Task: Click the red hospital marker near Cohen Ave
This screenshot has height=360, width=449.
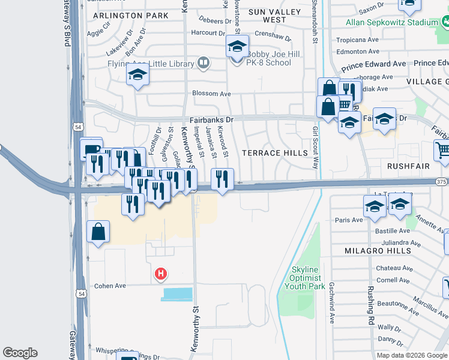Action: (161, 274)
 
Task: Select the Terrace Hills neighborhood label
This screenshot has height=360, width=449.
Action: (274, 153)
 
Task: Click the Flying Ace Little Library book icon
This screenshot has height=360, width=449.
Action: (203, 63)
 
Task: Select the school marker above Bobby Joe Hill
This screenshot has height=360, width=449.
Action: (237, 47)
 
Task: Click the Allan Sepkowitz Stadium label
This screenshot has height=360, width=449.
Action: (392, 23)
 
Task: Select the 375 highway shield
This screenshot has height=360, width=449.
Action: (442, 182)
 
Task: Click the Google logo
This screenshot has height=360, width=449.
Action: (20, 353)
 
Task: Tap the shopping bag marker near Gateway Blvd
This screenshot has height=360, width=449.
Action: (98, 232)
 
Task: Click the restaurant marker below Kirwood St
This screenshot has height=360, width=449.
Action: (222, 179)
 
